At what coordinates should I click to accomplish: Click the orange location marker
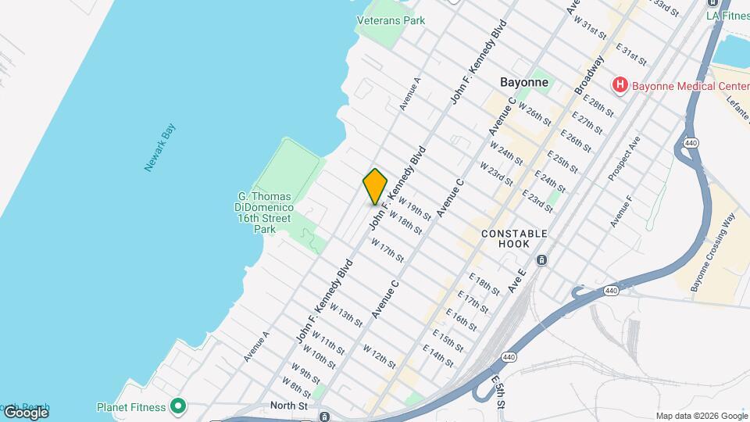pos(375,187)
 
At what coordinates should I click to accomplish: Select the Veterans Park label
pos(391,20)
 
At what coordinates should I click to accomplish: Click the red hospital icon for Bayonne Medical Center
pos(620,84)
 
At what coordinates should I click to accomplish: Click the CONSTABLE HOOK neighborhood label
pos(514,238)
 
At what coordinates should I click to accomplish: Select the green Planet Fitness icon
pos(178,406)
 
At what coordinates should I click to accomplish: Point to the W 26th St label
pos(534,116)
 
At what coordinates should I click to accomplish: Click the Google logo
pos(26,413)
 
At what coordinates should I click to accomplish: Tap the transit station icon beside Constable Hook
pos(541,259)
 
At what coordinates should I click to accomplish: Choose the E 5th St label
pos(498,388)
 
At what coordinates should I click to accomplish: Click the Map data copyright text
pos(701,416)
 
